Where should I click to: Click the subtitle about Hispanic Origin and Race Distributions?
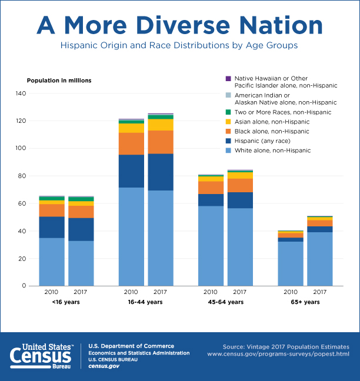click(180, 45)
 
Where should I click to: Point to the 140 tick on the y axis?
click(21, 93)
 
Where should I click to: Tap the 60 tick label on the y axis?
click(22, 203)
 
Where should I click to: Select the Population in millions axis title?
click(59, 80)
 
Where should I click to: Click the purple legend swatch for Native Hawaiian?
click(228, 78)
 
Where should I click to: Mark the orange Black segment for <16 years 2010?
click(52, 210)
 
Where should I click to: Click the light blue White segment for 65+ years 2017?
click(319, 259)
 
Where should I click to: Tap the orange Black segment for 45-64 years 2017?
click(240, 185)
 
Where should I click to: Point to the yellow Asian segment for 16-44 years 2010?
click(131, 128)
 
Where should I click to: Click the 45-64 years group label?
click(225, 302)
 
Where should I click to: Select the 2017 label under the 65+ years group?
click(319, 292)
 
